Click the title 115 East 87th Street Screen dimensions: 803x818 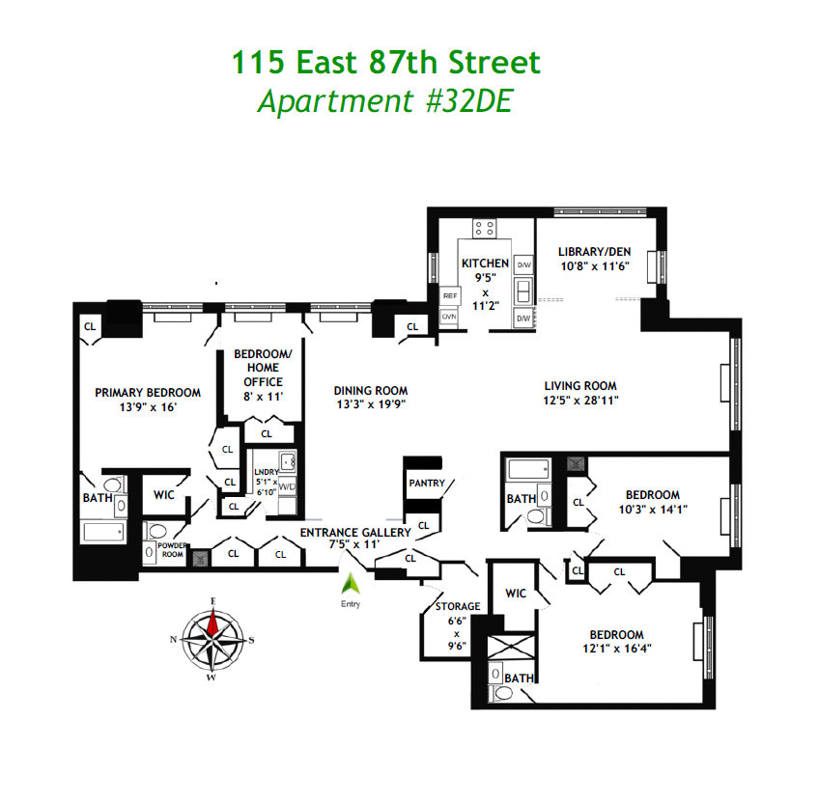[x=385, y=64]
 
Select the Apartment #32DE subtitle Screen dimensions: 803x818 [x=384, y=100]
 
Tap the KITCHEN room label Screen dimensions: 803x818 [x=484, y=263]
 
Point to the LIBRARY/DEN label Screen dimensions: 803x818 [x=593, y=252]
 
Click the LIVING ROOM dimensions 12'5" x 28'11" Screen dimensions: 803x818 [x=579, y=400]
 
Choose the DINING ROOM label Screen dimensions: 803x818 [x=371, y=391]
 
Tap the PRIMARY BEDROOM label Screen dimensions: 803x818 [x=148, y=393]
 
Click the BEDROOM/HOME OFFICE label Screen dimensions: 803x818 [x=257, y=368]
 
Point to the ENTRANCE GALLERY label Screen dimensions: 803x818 [x=355, y=532]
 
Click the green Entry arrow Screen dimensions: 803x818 [x=350, y=584]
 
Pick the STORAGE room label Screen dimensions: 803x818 [x=457, y=606]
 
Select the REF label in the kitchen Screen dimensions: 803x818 [x=449, y=296]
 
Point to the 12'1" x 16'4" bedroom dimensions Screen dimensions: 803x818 [x=616, y=649]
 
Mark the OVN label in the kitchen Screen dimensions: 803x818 [x=449, y=316]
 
